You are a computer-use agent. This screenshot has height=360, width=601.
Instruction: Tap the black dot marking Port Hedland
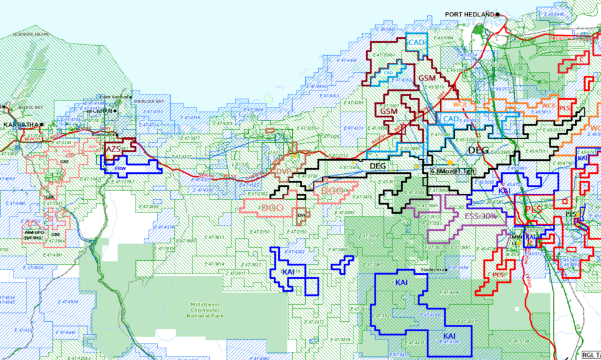(498, 14)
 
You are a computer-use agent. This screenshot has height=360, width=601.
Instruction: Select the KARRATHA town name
(21, 125)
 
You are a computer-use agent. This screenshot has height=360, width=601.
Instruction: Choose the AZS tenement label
(113, 150)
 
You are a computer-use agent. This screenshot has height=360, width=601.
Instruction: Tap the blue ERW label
(120, 169)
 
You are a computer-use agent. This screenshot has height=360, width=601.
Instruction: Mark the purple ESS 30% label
(480, 216)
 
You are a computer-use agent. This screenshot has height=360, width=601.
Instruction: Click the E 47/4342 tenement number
(294, 252)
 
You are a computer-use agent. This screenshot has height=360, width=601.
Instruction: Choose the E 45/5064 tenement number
(443, 38)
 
